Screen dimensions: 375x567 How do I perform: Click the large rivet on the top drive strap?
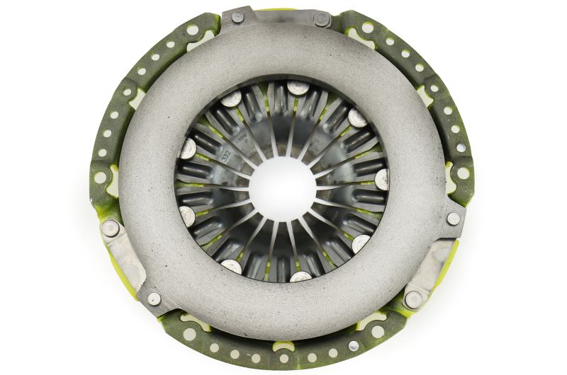pos(322,19)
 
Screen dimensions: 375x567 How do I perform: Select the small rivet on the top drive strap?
pos(238,16)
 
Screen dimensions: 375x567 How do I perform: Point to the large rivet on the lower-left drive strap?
pos(111,229)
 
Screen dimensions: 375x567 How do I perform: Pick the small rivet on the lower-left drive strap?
pos(153,299)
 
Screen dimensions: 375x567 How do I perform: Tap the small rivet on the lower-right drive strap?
pos(453,219)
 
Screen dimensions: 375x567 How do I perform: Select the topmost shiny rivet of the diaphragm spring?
pos(298,88)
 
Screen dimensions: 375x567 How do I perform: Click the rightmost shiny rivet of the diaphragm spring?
pos(383,177)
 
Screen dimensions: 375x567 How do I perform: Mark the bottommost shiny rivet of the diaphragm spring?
pos(301,276)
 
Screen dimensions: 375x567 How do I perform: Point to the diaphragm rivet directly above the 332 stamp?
pos(231,98)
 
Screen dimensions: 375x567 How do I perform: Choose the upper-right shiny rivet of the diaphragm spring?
pos(357,117)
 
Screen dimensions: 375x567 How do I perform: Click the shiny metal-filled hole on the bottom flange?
pos(354,346)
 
